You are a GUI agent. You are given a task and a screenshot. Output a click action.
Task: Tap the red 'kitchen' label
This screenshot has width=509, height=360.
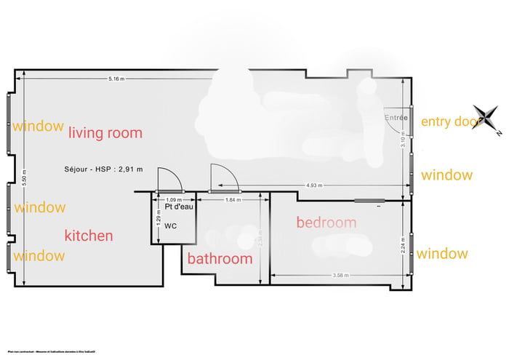point(89,236)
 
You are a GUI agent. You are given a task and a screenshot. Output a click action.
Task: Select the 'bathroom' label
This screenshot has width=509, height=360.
point(220,259)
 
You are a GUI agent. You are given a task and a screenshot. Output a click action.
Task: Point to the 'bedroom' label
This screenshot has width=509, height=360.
point(326,223)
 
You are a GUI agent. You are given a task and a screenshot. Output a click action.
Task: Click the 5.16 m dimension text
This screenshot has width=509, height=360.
point(116,78)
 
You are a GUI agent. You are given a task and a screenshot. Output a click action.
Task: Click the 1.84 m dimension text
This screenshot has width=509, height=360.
point(233,199)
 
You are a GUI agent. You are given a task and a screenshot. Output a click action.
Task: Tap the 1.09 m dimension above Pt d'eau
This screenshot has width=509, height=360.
point(174,199)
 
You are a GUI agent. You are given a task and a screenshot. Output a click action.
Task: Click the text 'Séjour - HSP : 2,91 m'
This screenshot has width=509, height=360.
point(103,169)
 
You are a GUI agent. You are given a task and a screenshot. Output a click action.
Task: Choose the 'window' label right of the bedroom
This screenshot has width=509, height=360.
point(442,254)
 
